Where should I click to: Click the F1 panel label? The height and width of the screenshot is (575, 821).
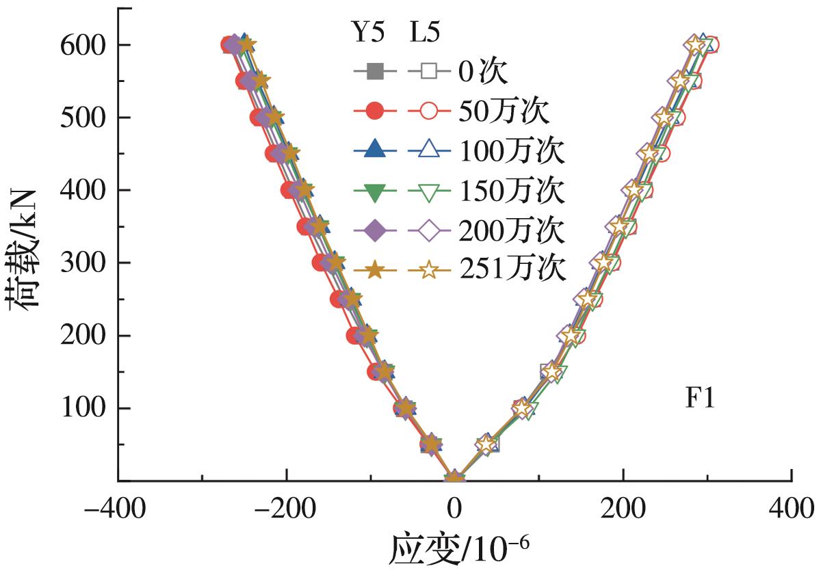tap(700, 399)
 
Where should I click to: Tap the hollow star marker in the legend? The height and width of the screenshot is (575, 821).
tap(428, 271)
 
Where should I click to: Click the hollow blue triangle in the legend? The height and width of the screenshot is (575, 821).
tap(428, 152)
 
